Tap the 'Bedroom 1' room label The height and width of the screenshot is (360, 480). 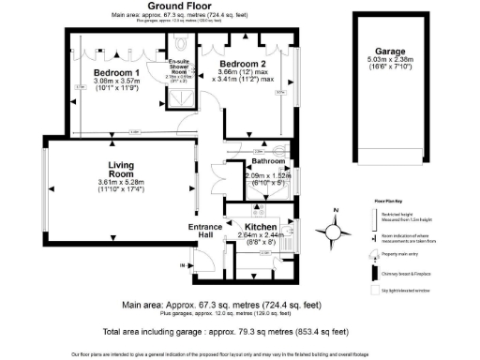click(118, 73)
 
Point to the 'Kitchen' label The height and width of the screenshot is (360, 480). click(260, 227)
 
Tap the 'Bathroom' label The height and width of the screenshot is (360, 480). click(268, 162)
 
